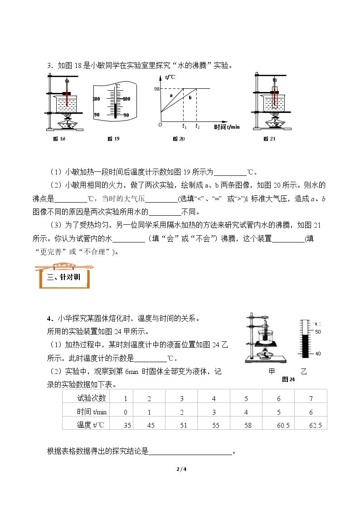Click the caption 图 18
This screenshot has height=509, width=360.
point(59,139)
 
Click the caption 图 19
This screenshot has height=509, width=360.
point(114,139)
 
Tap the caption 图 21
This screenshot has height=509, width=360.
point(269,139)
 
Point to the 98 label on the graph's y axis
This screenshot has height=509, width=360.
point(157,89)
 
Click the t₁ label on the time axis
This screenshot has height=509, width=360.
point(185,126)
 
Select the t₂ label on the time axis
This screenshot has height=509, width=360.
point(197,126)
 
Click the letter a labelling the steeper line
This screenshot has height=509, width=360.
point(171,96)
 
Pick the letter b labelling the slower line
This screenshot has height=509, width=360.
point(190,97)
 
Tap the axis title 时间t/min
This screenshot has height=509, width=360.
point(227,127)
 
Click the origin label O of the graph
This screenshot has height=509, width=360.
point(160,125)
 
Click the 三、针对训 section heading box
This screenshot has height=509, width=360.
point(63,276)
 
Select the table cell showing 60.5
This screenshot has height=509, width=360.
point(283,425)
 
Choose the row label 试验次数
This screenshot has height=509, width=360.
point(92,398)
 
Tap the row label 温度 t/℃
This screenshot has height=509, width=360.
point(91,425)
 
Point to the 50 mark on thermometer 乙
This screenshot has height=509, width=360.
point(318,332)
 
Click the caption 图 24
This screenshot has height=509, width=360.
point(288,379)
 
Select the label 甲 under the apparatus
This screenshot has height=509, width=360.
point(272,371)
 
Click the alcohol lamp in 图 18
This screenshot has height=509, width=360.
point(67,124)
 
